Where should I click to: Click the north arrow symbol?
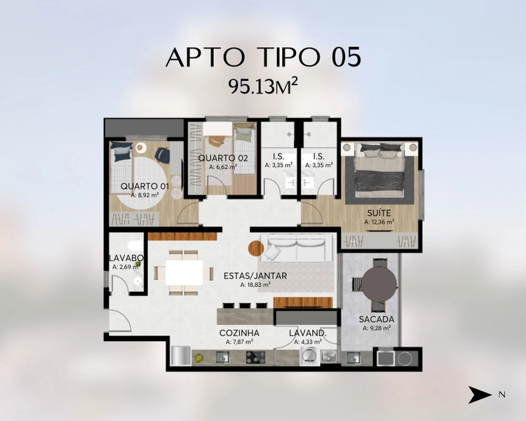point(480,394)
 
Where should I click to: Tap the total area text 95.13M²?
point(263,86)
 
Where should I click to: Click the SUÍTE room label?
point(379,213)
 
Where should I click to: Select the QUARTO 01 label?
point(144,187)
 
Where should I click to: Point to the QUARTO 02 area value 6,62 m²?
point(223,166)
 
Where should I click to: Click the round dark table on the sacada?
point(379,284)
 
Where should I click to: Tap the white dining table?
point(184,273)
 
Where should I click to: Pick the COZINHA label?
point(239,333)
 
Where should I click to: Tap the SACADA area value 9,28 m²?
point(377,328)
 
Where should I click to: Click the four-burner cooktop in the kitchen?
point(255,357)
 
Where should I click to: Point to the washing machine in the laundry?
point(309,356)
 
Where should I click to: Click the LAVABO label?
point(126,258)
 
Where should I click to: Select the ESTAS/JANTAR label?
point(255,276)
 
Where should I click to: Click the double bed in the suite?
point(379,171)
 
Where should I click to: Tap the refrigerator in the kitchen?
point(181,356)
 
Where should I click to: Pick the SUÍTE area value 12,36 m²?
point(379,222)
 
